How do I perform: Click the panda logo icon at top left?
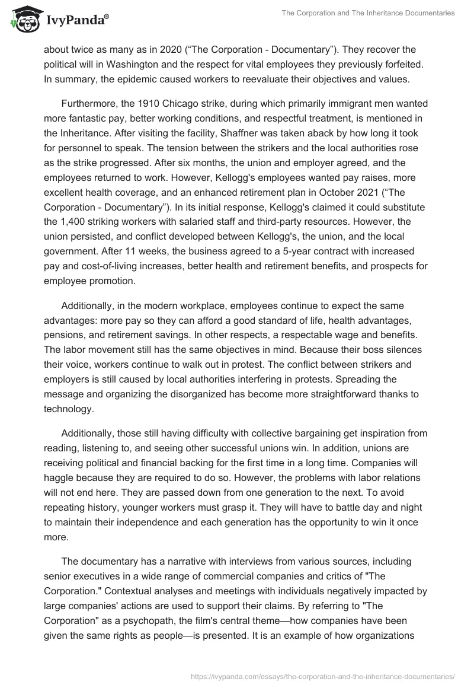(x=24, y=19)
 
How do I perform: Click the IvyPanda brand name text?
(x=76, y=21)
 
